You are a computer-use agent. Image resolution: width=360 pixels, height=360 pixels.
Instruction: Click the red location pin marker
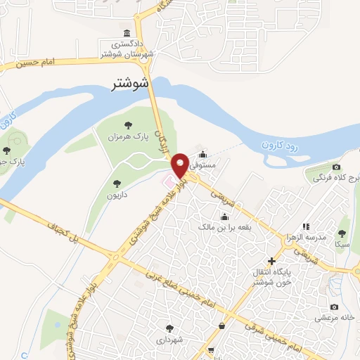181,165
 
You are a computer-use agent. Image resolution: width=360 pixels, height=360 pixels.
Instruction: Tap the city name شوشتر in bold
131,84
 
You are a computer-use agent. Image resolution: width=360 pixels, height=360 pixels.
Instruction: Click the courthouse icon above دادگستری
127,34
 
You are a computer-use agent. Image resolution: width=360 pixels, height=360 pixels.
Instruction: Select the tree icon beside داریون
115,184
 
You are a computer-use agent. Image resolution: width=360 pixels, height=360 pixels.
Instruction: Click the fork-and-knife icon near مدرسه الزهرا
306,226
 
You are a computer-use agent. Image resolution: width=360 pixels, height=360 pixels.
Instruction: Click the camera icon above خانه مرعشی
334,307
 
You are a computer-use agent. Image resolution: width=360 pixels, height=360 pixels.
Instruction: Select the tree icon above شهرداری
169,328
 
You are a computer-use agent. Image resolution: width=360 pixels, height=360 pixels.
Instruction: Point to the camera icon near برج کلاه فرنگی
336,167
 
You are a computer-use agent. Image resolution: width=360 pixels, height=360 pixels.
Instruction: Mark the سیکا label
342,244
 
